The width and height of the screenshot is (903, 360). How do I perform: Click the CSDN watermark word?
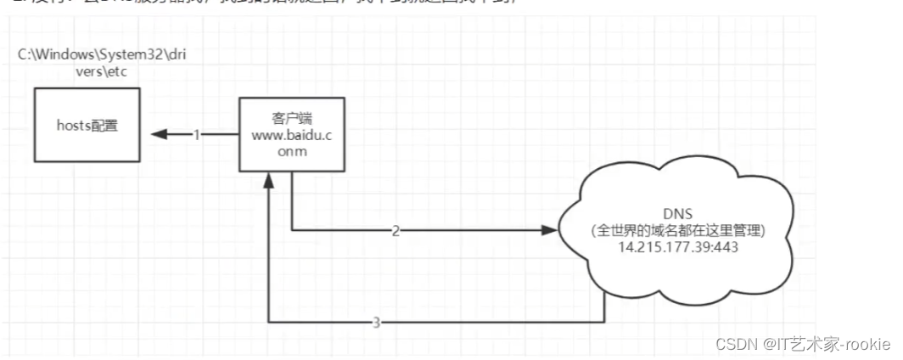735,345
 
